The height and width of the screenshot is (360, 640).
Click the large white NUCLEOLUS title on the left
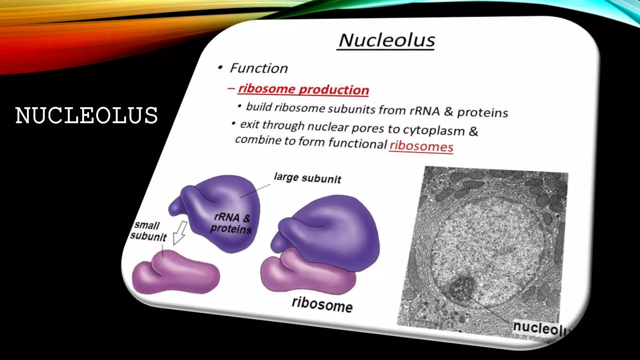(87, 115)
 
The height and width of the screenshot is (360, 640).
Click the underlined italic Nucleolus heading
(387, 40)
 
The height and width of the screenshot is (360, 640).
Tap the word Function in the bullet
(259, 68)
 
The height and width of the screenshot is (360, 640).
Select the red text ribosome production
(303, 89)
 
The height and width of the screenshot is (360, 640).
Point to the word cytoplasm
(433, 130)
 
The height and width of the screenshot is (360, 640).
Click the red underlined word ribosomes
(421, 146)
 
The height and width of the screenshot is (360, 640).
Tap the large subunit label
(307, 178)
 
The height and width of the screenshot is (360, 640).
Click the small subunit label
(148, 231)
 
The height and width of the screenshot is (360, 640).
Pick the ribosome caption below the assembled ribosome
(322, 304)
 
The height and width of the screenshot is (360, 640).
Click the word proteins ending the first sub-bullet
(482, 112)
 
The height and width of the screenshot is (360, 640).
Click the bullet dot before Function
(221, 67)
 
